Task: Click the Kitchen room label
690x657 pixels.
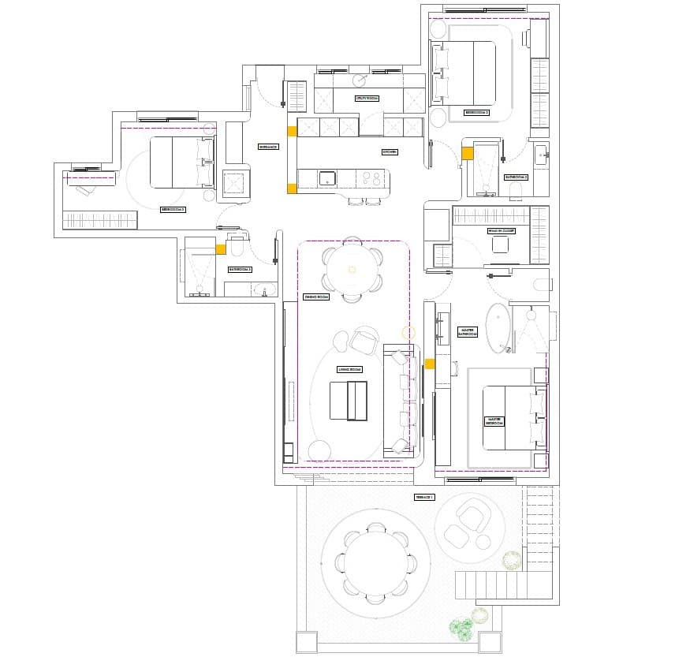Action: (390, 151)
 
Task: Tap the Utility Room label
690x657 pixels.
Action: (367, 99)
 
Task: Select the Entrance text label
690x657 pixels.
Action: (269, 147)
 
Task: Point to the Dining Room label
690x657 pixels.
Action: (315, 297)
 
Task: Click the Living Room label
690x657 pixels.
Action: (349, 369)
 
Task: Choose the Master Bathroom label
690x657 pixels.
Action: (468, 332)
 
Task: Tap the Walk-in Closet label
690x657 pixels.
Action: (501, 231)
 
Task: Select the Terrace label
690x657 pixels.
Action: (424, 498)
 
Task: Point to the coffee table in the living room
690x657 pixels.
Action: (348, 401)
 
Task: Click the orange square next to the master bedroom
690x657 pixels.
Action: (430, 364)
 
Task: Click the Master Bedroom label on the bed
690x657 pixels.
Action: (495, 421)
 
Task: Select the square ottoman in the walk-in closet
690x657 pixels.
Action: (501, 245)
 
